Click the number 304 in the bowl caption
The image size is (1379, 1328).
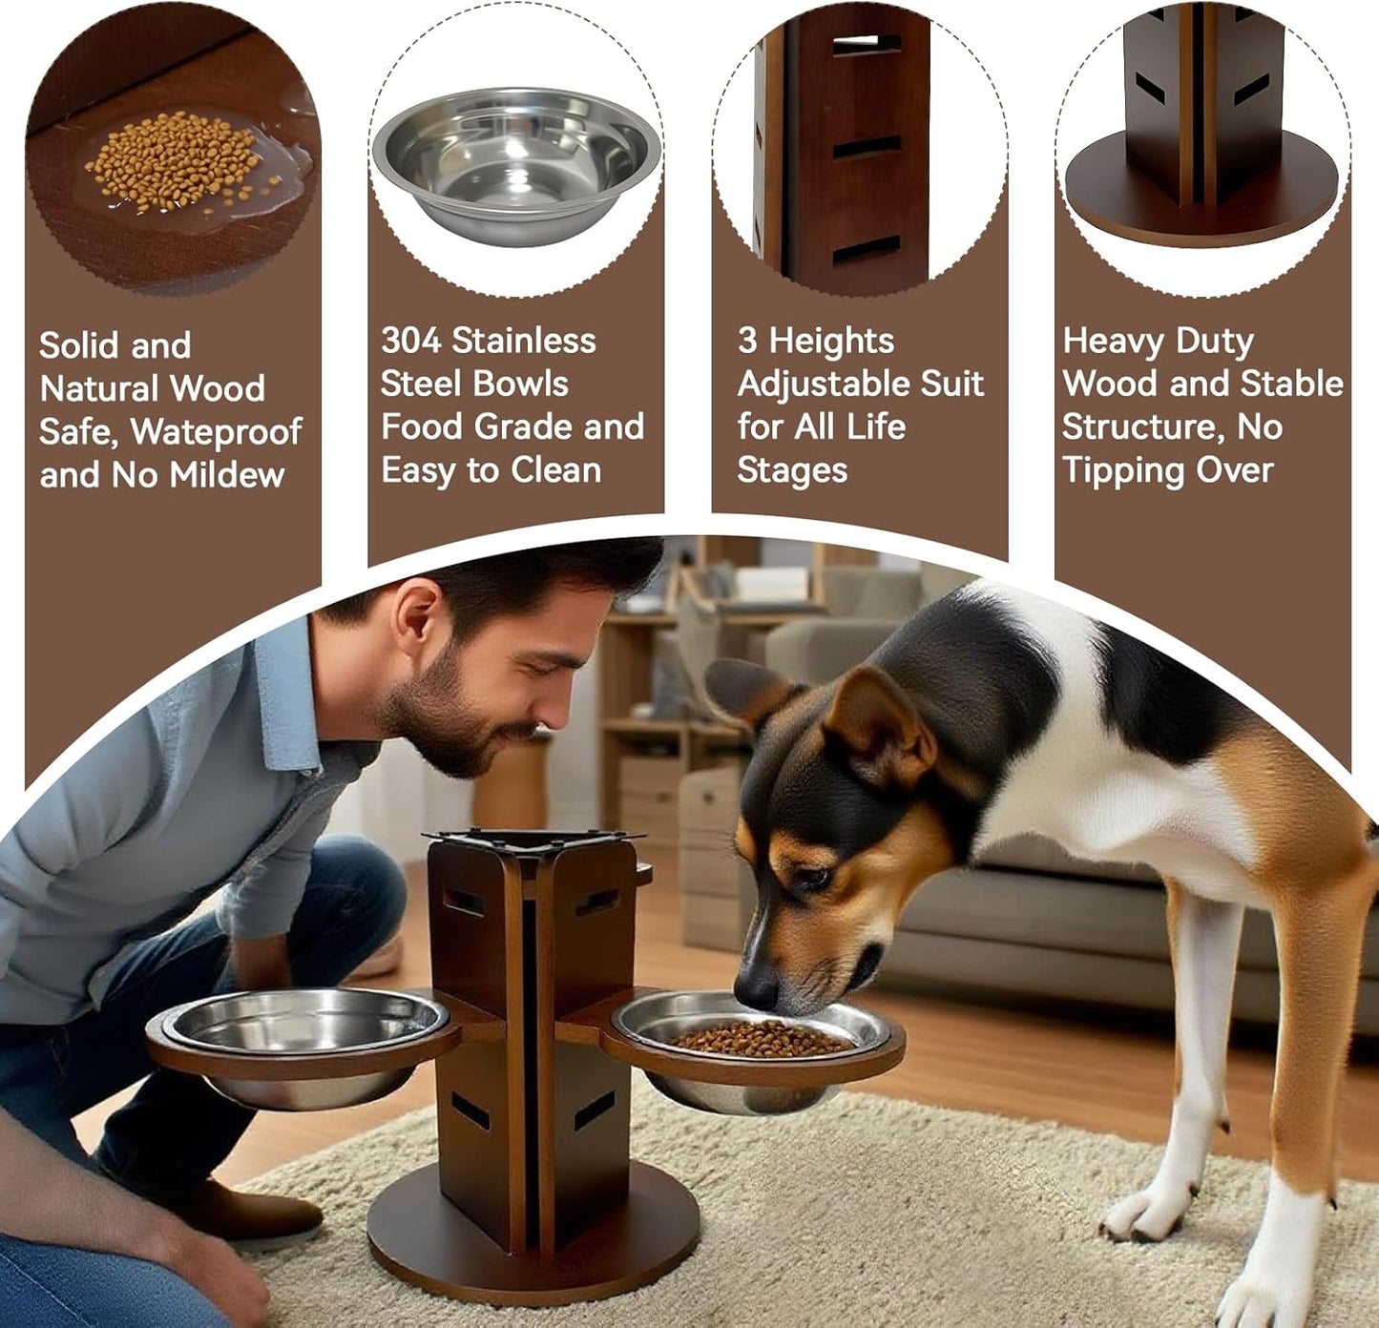click(x=410, y=341)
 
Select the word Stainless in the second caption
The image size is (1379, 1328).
click(x=524, y=341)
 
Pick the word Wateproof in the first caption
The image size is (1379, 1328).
click(x=217, y=431)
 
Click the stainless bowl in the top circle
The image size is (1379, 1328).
click(x=516, y=162)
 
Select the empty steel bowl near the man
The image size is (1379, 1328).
click(x=301, y=1026)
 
